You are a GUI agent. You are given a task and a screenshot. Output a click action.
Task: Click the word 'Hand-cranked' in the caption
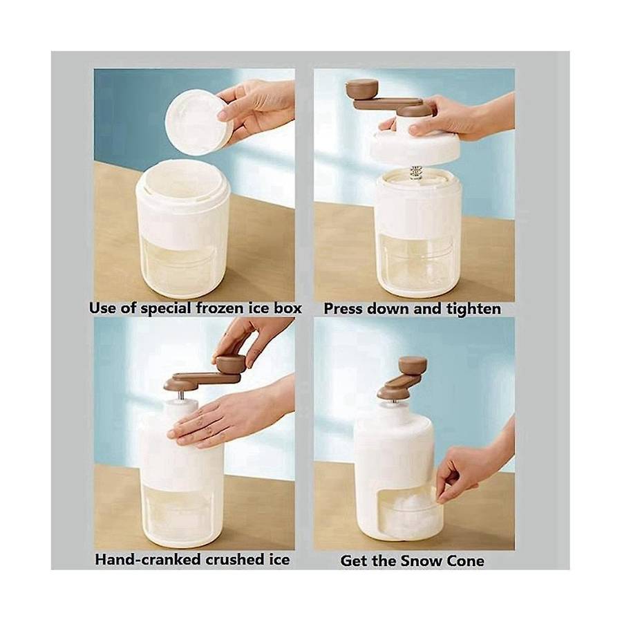pos(147,560)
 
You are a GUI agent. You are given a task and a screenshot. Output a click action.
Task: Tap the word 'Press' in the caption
pos(343,309)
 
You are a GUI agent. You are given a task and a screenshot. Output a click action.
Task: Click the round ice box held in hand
pos(199,122)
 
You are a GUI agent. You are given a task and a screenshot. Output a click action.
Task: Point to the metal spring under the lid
pos(416,173)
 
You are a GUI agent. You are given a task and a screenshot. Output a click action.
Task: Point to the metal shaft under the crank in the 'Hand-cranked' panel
pos(181,395)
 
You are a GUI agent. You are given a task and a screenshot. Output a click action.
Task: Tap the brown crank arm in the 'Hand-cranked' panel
pos(202,379)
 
